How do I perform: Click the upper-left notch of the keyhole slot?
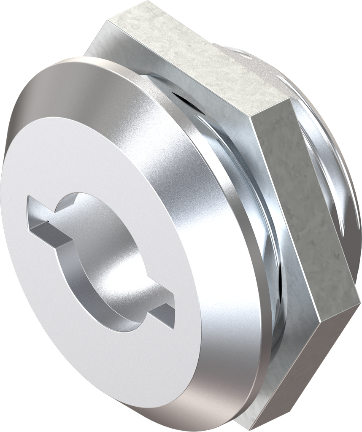pos(42,215)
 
